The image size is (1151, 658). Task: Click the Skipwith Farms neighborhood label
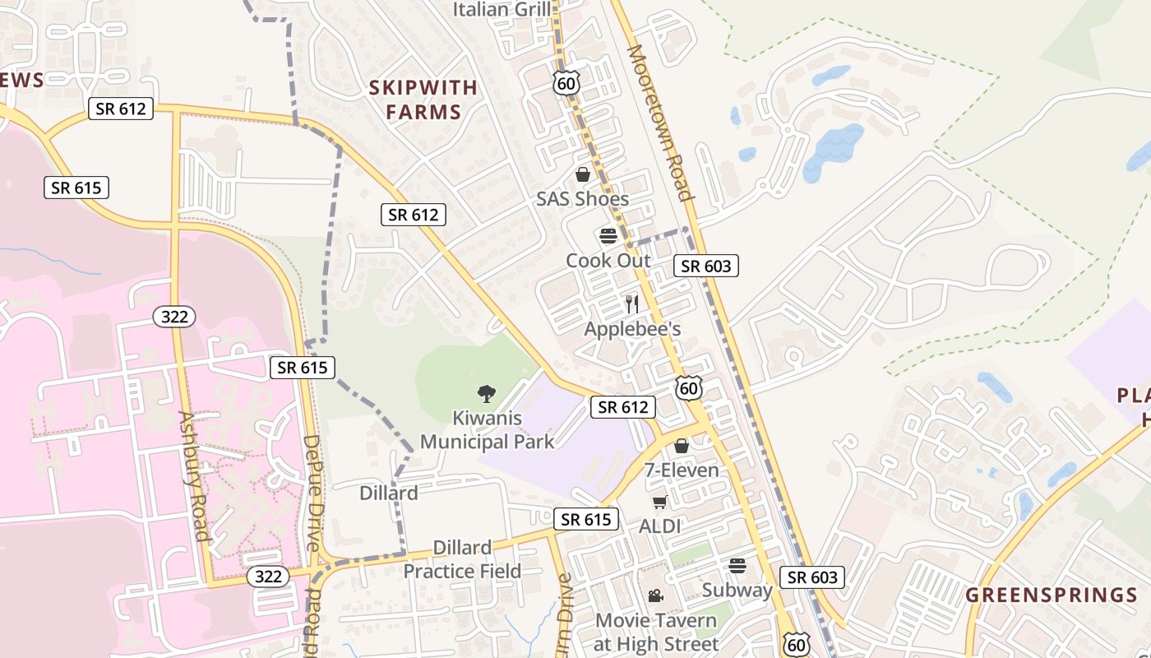point(423,100)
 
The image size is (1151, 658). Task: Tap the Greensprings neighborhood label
point(1051,595)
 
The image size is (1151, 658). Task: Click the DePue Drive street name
point(311,493)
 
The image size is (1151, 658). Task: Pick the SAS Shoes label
point(582,198)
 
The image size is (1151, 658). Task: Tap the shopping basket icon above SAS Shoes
point(582,174)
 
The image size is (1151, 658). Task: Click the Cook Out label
point(608,261)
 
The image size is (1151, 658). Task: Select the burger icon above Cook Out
point(608,237)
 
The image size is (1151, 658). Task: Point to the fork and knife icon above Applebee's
point(631,304)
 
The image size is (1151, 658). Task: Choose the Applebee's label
point(632,329)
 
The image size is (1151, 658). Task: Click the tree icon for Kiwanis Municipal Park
point(487,393)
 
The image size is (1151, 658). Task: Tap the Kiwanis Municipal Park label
point(488,430)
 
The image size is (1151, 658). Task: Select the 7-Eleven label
point(681,470)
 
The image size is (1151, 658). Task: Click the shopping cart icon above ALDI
point(659,502)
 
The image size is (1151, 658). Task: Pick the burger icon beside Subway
point(737,565)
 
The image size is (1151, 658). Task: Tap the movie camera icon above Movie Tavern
point(655,595)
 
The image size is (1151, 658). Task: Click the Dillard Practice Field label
point(462,559)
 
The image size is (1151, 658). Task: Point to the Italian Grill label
point(502,9)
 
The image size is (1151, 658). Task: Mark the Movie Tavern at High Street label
point(656,632)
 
